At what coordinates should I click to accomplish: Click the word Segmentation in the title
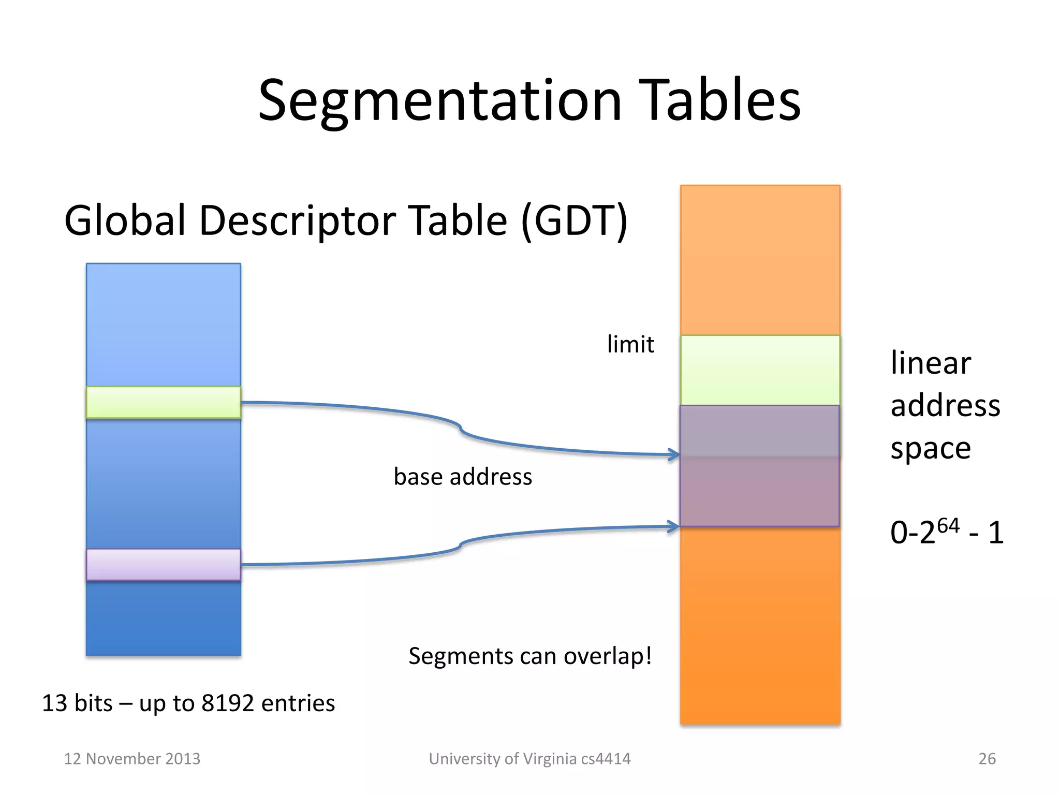point(439,100)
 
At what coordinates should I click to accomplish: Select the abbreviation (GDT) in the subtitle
point(575,221)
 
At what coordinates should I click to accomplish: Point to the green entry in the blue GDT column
point(163,402)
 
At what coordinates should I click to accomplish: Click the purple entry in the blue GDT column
point(163,564)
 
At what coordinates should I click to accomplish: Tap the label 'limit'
point(630,345)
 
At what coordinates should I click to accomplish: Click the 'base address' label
point(463,477)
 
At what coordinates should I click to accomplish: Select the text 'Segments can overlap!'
point(530,656)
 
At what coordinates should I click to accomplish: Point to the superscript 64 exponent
point(948,526)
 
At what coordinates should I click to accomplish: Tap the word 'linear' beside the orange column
point(931,363)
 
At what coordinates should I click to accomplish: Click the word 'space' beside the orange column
point(931,449)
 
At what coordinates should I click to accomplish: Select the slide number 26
point(987,759)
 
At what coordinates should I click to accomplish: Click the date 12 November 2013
point(132,759)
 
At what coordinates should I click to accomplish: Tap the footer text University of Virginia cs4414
point(529,759)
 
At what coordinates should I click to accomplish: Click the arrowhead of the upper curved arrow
point(674,455)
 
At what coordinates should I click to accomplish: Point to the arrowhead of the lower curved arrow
point(674,527)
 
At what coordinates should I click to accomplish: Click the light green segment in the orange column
point(760,370)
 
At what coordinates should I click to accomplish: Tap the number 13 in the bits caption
point(54,703)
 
